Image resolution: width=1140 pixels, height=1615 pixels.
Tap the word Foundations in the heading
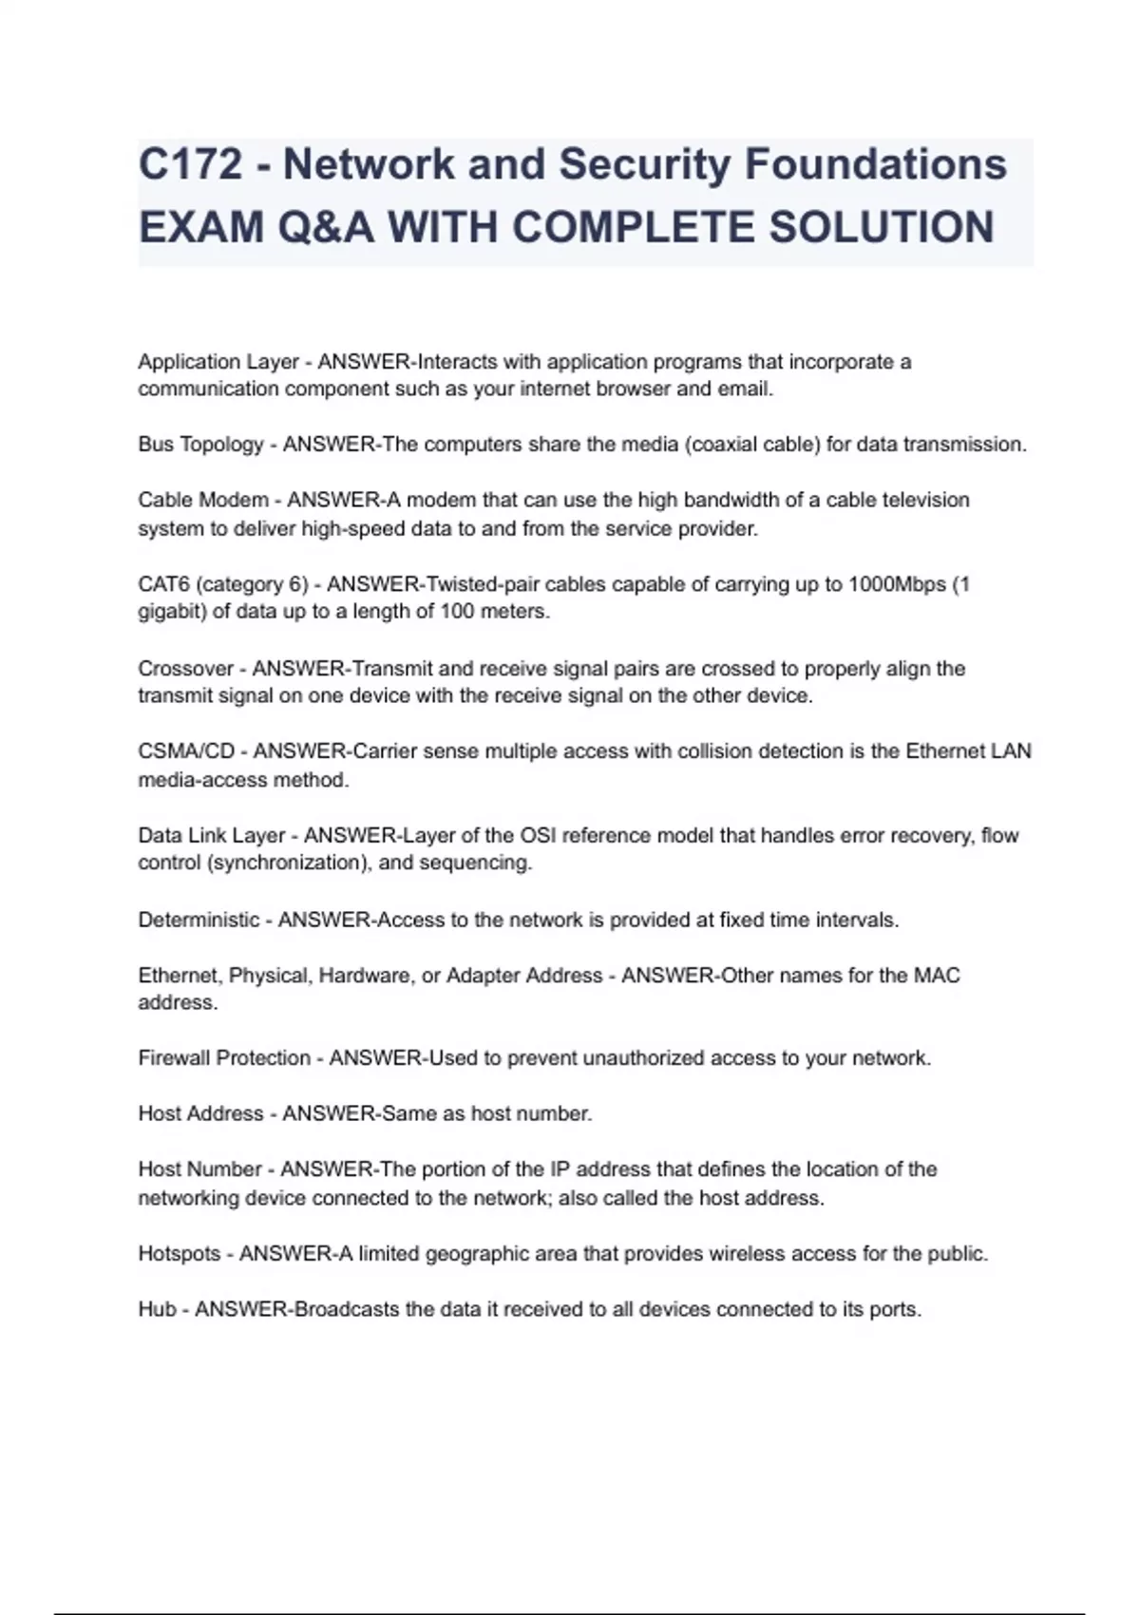tap(875, 164)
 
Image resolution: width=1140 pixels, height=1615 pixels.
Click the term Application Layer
tap(218, 362)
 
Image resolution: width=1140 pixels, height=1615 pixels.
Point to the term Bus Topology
tap(200, 445)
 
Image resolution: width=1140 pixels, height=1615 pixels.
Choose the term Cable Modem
tap(203, 500)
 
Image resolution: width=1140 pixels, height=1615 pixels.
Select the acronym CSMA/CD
tap(186, 751)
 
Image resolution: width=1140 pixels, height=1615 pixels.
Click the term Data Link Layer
tap(212, 836)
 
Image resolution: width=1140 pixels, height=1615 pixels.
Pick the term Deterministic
tap(199, 920)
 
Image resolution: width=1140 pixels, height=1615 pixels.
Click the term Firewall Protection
tap(224, 1058)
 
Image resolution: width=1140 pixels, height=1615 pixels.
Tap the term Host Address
tap(200, 1113)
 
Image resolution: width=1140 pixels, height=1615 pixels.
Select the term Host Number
tap(199, 1169)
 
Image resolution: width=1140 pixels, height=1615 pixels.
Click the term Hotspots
tap(180, 1254)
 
